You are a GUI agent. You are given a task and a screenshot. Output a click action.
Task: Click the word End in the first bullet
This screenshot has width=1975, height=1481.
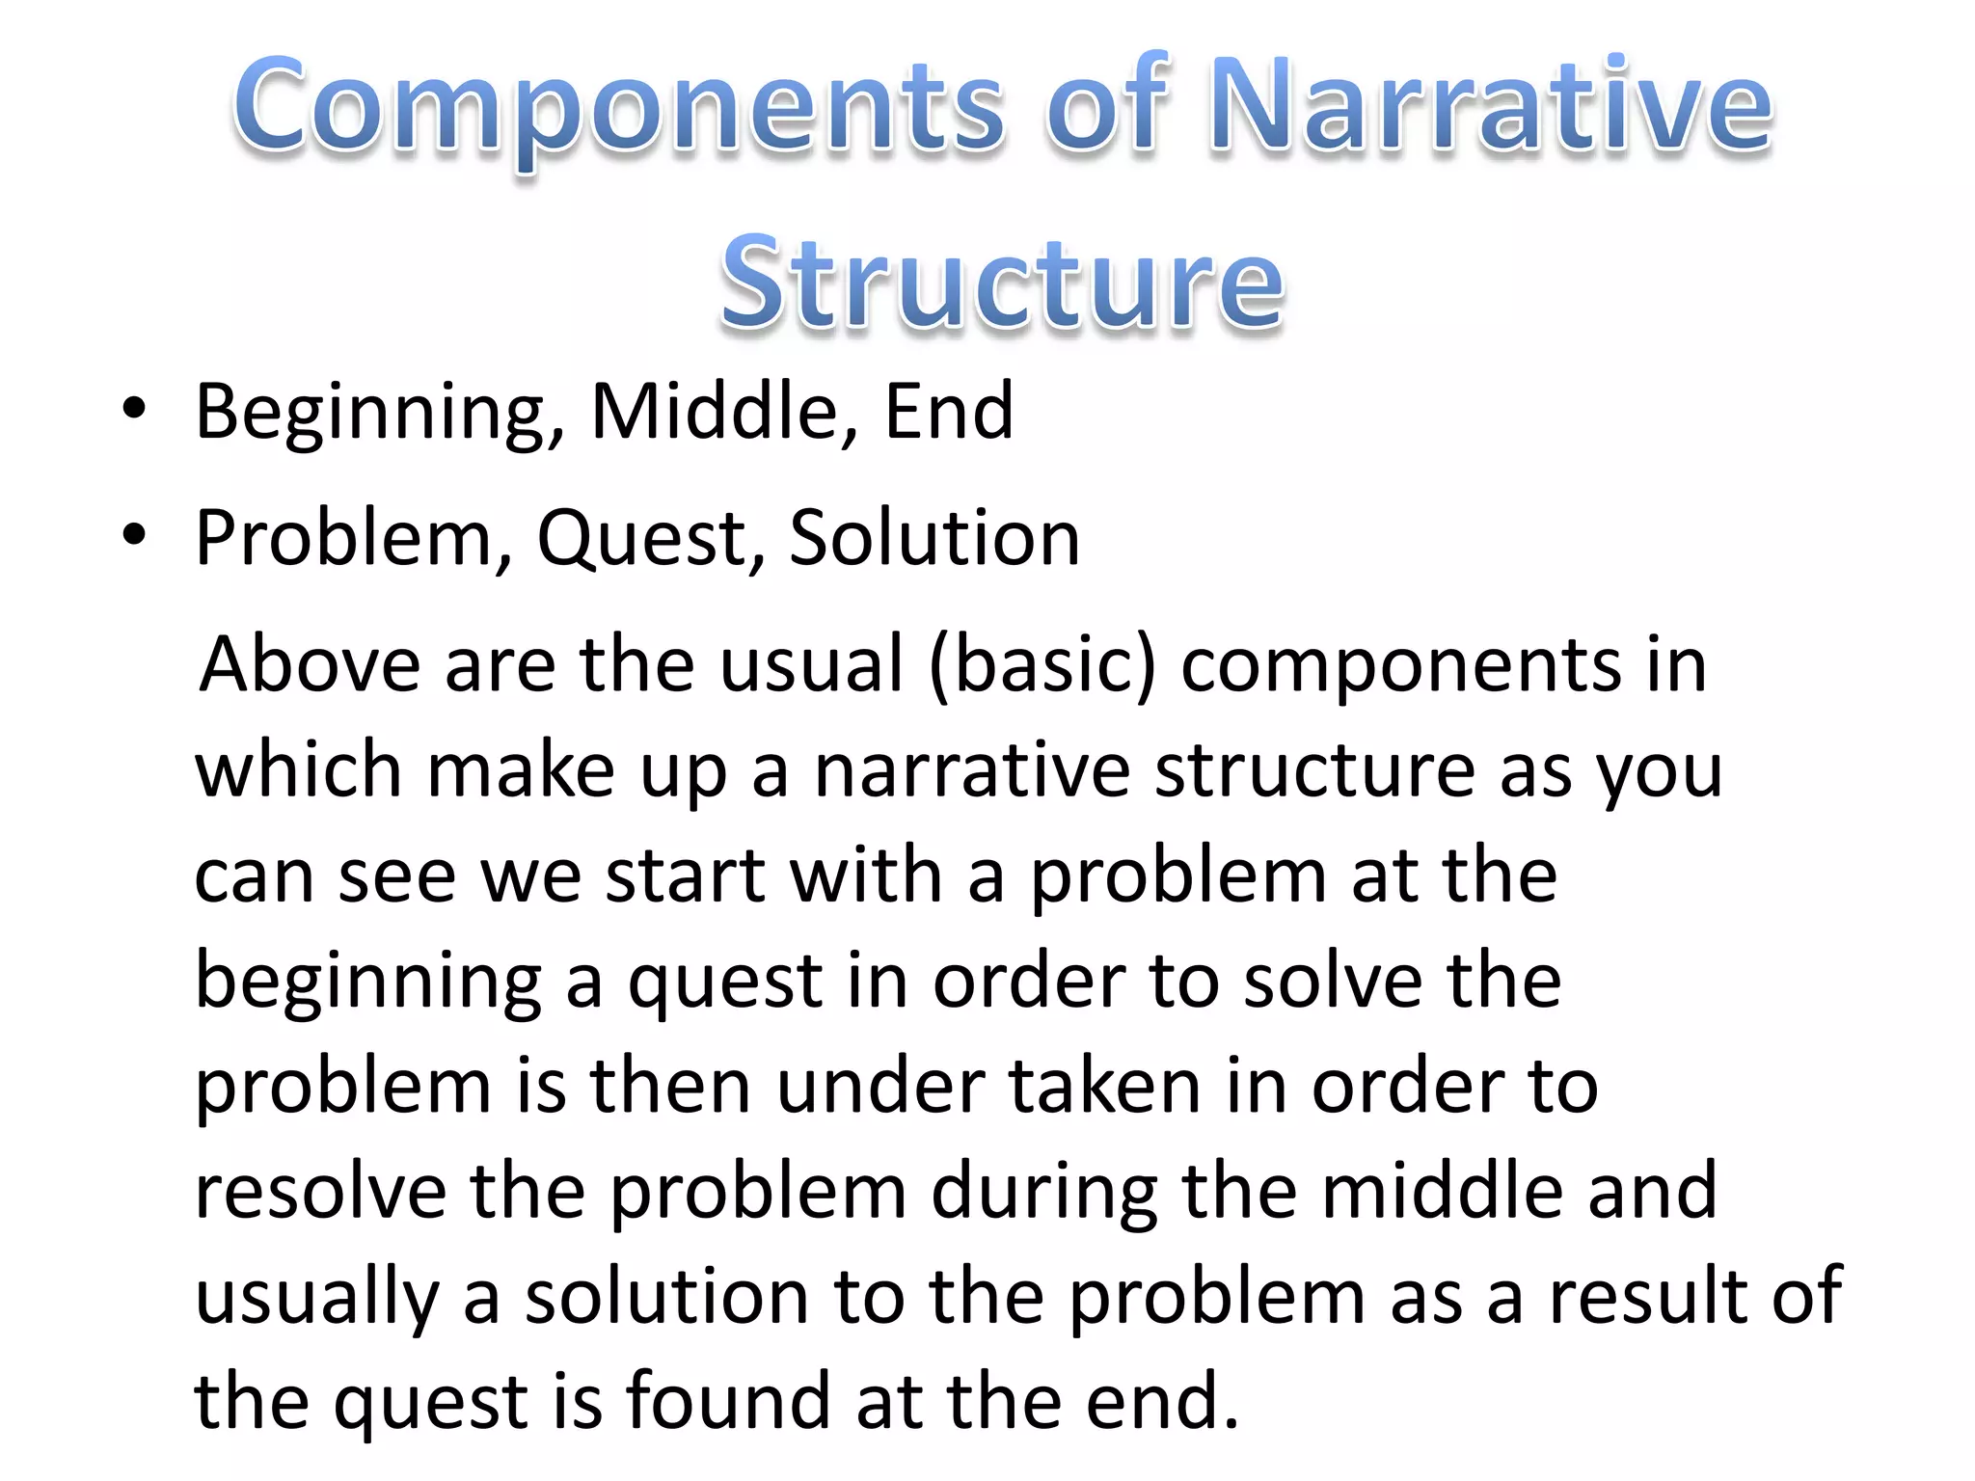click(949, 412)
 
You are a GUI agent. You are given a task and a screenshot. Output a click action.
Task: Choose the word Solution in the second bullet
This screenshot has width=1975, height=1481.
click(934, 538)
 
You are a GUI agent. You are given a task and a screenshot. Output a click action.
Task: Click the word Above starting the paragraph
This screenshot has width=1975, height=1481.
click(310, 664)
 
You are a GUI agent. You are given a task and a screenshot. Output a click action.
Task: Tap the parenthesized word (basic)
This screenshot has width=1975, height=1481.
click(1042, 666)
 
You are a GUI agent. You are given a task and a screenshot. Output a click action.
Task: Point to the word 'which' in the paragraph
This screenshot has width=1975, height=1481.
click(298, 770)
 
